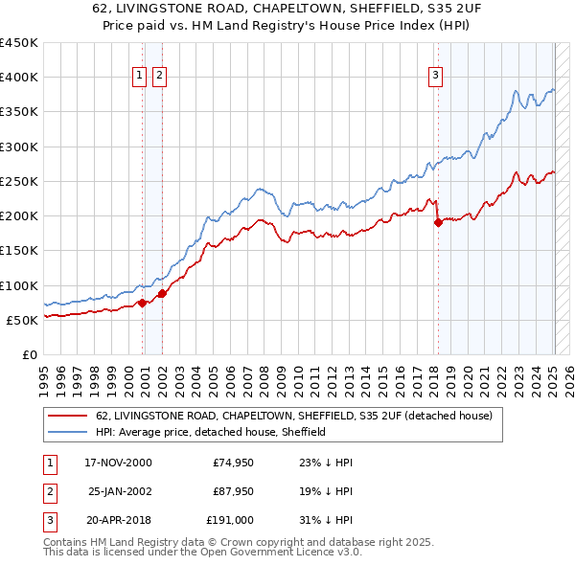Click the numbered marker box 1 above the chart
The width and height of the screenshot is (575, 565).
[139, 77]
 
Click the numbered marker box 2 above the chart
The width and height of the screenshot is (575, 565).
[159, 77]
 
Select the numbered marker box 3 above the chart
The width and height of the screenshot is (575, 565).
[435, 77]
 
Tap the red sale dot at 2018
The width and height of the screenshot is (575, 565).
[438, 222]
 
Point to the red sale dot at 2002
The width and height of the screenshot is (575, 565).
[162, 293]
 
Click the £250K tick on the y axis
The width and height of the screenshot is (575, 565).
[20, 181]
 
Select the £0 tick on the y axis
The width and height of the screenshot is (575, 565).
[30, 354]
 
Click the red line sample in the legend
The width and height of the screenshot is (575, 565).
[68, 416]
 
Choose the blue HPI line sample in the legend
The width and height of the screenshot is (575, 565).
[68, 432]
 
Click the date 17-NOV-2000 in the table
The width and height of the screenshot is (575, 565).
[119, 463]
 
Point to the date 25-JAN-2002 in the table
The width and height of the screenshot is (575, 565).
[119, 491]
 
